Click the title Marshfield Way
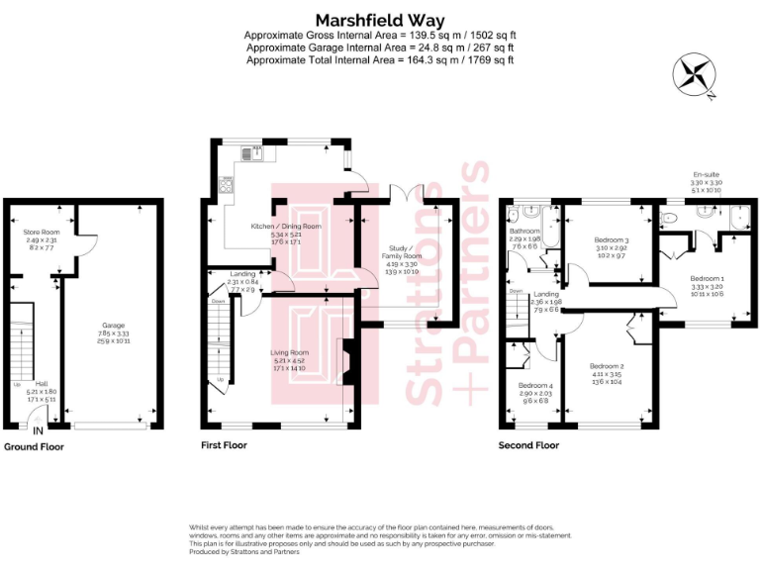click(380, 20)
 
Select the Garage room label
click(113, 325)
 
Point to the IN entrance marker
click(38, 431)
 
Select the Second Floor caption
click(528, 446)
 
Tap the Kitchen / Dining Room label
click(286, 227)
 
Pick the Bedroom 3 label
click(611, 240)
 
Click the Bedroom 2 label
click(607, 366)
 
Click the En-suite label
click(707, 175)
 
